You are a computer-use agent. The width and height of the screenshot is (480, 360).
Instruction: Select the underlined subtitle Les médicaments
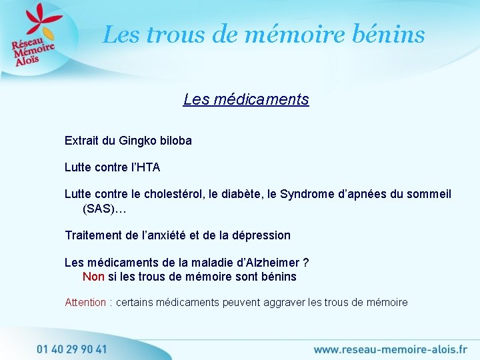(x=246, y=99)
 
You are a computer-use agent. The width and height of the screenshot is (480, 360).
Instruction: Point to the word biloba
(x=175, y=141)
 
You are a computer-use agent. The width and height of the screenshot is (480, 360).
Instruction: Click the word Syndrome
(x=309, y=194)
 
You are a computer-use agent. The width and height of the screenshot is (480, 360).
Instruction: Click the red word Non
(x=93, y=277)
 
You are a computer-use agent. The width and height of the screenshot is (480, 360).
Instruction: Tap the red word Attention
(x=85, y=303)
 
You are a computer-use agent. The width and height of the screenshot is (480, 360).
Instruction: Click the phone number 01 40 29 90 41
(x=72, y=349)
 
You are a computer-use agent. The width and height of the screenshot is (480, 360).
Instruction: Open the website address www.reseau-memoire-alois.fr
(x=390, y=349)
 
